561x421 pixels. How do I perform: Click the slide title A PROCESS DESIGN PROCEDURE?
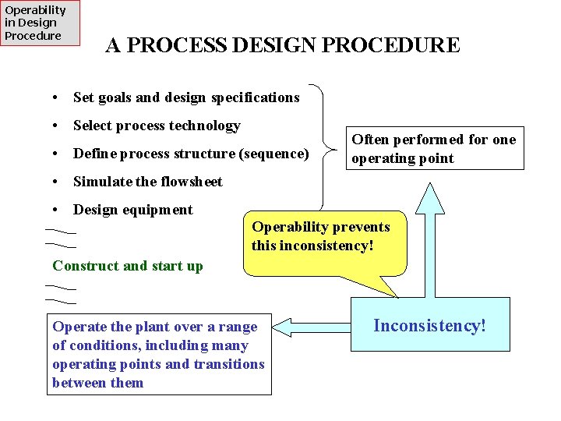[x=282, y=45]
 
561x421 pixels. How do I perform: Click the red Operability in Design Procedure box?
[x=40, y=23]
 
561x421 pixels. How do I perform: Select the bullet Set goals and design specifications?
[x=185, y=97]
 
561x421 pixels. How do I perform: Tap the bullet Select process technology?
[x=156, y=126]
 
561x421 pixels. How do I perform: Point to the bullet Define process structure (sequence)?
[x=190, y=154]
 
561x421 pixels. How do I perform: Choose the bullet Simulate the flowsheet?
[x=147, y=182]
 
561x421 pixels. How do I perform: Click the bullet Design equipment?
[x=132, y=210]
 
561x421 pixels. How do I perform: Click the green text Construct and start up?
[x=127, y=266]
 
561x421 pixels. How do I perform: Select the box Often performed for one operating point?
[x=434, y=148]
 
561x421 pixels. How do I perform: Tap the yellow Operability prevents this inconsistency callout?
[x=325, y=242]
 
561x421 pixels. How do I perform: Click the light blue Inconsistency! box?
[x=430, y=324]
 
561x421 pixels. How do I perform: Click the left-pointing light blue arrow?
[x=311, y=326]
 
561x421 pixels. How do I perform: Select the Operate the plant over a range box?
[x=159, y=354]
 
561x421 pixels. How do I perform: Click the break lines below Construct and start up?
[x=61, y=293]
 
